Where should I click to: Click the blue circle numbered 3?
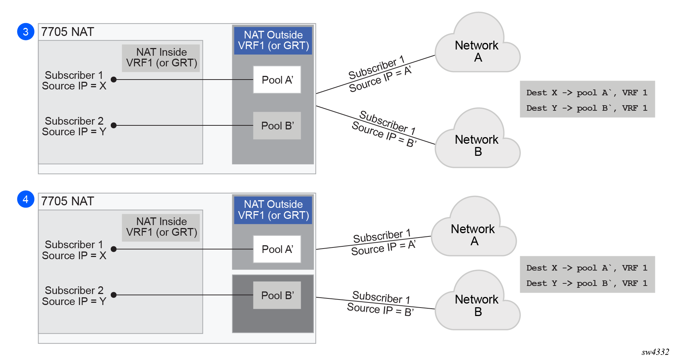pyautogui.click(x=26, y=32)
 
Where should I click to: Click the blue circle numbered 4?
pyautogui.click(x=26, y=199)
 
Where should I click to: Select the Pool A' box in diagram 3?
pyautogui.click(x=277, y=80)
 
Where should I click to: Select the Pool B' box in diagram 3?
pyautogui.click(x=277, y=126)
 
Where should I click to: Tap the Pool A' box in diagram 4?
pyautogui.click(x=277, y=249)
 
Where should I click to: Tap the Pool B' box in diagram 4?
pyautogui.click(x=277, y=295)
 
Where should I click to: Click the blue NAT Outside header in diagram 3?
pyautogui.click(x=273, y=40)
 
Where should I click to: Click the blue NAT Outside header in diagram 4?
pyautogui.click(x=273, y=210)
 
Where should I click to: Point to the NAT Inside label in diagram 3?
pyautogui.click(x=161, y=58)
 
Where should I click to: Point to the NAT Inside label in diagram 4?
pyautogui.click(x=161, y=227)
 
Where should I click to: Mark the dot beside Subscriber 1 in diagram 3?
pyautogui.click(x=114, y=80)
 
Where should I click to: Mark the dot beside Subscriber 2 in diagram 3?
pyautogui.click(x=114, y=125)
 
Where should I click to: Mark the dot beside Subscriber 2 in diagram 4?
pyautogui.click(x=114, y=295)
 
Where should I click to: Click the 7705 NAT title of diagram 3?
pyautogui.click(x=67, y=32)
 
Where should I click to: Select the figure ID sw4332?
pyautogui.click(x=655, y=352)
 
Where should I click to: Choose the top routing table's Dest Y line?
pyautogui.click(x=586, y=108)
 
